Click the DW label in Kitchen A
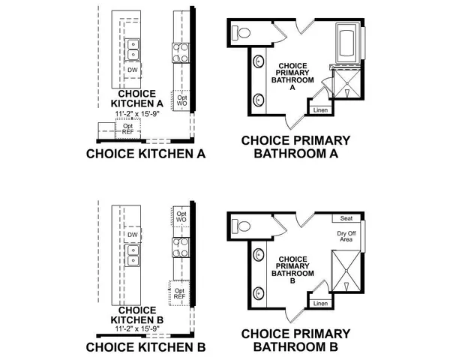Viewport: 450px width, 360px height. (132, 70)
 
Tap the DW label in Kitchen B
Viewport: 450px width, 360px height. (132, 235)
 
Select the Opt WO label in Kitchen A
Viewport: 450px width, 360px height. (181, 99)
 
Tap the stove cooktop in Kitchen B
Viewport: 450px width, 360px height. (181, 247)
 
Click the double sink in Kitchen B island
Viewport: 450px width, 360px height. (132, 260)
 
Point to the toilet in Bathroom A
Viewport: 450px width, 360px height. (241, 32)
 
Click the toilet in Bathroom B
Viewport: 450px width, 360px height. (241, 225)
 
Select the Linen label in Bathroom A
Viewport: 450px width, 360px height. (321, 110)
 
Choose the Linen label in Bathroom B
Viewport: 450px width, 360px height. (320, 304)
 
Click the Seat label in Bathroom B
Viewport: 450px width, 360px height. (346, 218)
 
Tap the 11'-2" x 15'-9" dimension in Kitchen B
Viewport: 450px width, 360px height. (137, 328)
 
